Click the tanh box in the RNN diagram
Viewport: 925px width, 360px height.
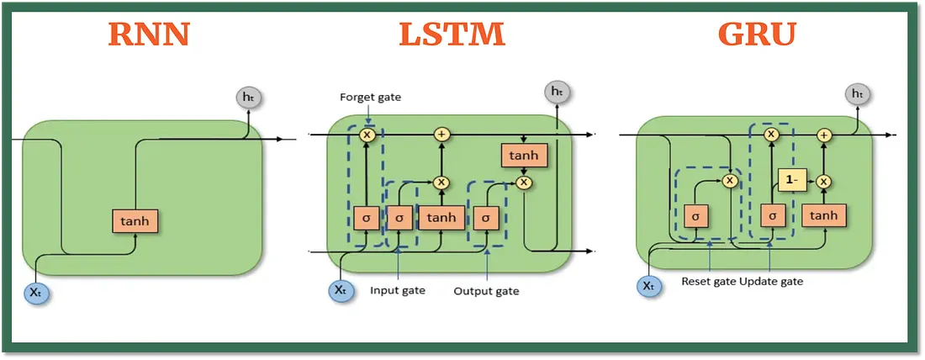pos(135,220)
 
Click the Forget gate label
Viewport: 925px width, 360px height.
pos(371,98)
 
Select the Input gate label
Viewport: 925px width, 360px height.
pos(398,291)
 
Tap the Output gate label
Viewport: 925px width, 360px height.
pos(486,291)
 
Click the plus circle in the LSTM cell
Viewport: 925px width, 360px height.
pos(441,135)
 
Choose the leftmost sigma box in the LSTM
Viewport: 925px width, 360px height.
pos(367,217)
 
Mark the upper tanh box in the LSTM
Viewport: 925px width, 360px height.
pos(525,155)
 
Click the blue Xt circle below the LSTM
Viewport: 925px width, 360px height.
pos(339,290)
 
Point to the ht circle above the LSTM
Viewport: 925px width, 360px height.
pos(556,91)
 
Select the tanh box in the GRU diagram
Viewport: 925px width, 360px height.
pos(824,216)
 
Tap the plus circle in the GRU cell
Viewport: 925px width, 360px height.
pos(824,135)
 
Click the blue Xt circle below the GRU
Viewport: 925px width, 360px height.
pos(648,285)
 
